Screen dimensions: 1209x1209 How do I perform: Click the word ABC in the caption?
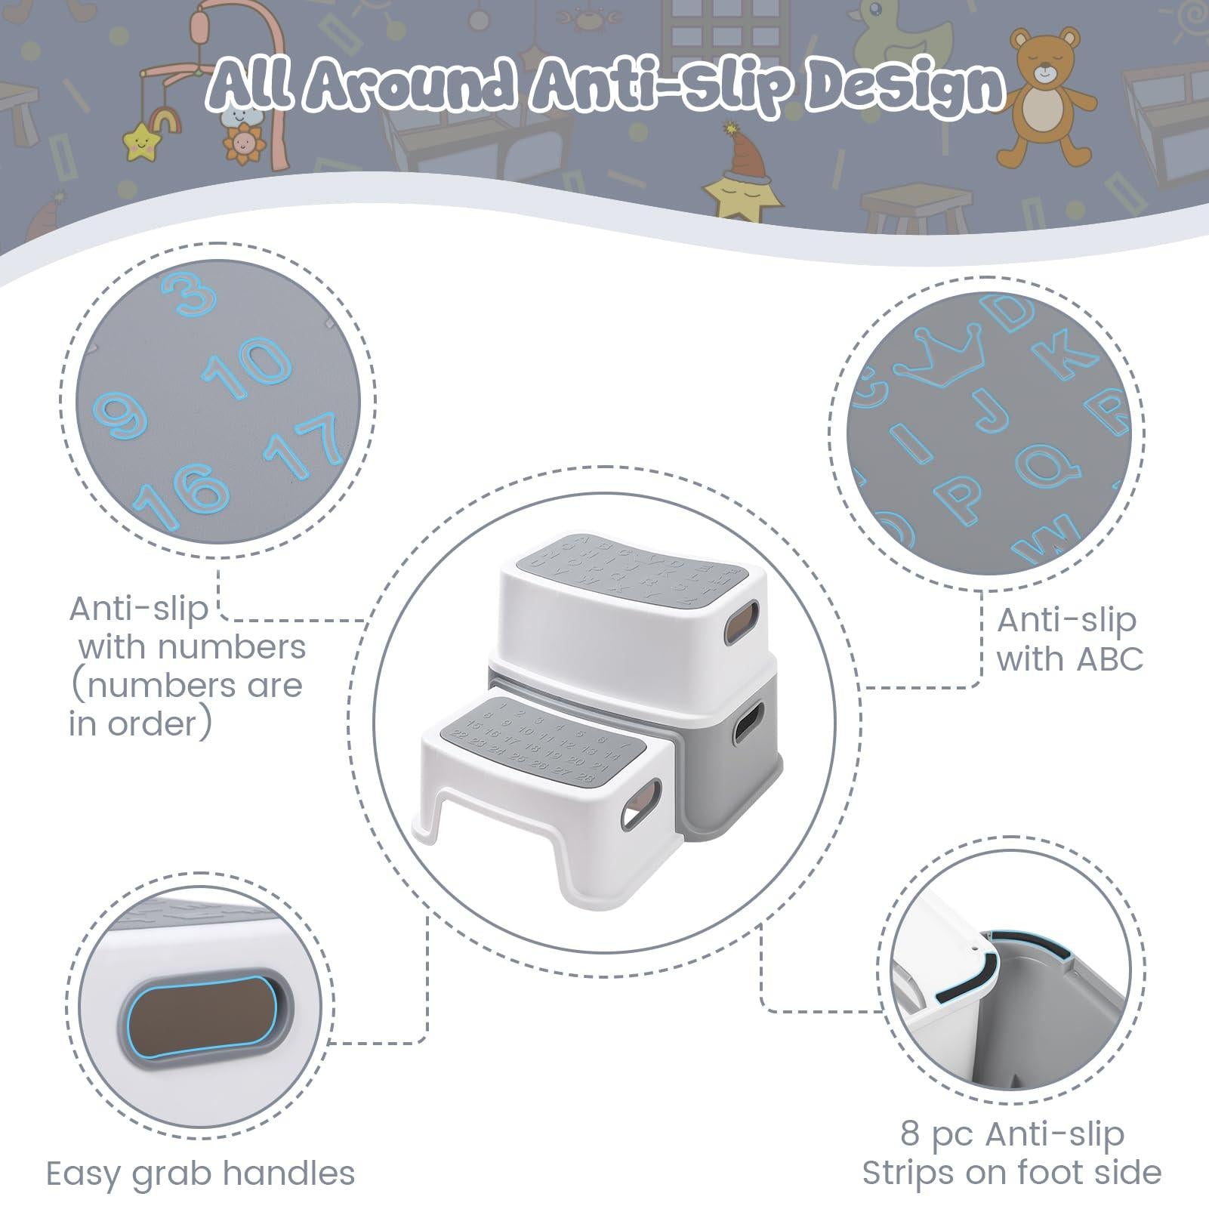click(x=1109, y=659)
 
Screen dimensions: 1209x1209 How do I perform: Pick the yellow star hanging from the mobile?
click(x=138, y=141)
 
